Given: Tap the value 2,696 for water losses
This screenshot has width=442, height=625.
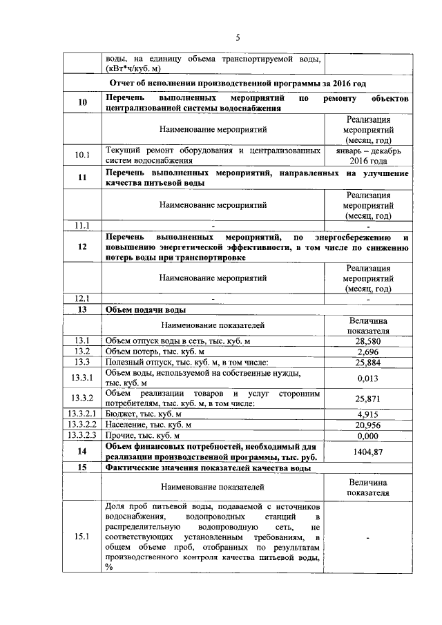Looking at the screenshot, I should pyautogui.click(x=368, y=352).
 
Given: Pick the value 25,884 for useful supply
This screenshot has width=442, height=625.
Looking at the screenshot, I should pyautogui.click(x=368, y=363).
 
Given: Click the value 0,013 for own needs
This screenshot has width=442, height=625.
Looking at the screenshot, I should pyautogui.click(x=368, y=378).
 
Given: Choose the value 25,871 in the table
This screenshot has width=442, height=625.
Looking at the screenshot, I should pyautogui.click(x=368, y=398).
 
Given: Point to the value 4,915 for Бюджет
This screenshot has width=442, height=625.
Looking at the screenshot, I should pyautogui.click(x=368, y=414).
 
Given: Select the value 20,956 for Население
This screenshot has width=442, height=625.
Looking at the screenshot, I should pyautogui.click(x=368, y=425).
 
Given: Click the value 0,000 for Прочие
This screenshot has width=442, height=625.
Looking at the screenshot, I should pyautogui.click(x=368, y=436).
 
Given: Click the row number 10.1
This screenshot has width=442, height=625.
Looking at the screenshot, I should pyautogui.click(x=83, y=155).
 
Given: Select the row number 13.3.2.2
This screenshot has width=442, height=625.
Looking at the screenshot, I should pyautogui.click(x=81, y=425).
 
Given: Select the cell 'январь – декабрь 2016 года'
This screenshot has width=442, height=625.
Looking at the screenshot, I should pyautogui.click(x=368, y=155).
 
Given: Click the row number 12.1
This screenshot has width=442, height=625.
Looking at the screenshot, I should pyautogui.click(x=83, y=298).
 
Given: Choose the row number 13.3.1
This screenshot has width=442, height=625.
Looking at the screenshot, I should pyautogui.click(x=83, y=378).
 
